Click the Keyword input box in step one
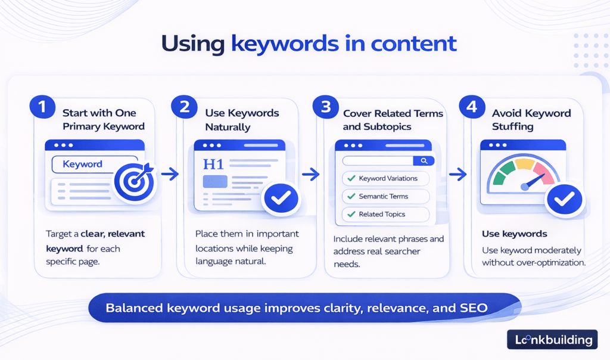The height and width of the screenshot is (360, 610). click(83, 165)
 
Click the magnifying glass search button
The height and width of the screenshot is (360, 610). click(424, 160)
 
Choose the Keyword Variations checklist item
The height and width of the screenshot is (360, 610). click(385, 178)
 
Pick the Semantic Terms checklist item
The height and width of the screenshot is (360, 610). click(385, 196)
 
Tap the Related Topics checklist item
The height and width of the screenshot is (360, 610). click(385, 214)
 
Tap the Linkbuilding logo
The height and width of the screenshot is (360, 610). click(552, 340)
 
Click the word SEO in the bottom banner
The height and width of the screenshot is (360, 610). click(474, 308)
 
